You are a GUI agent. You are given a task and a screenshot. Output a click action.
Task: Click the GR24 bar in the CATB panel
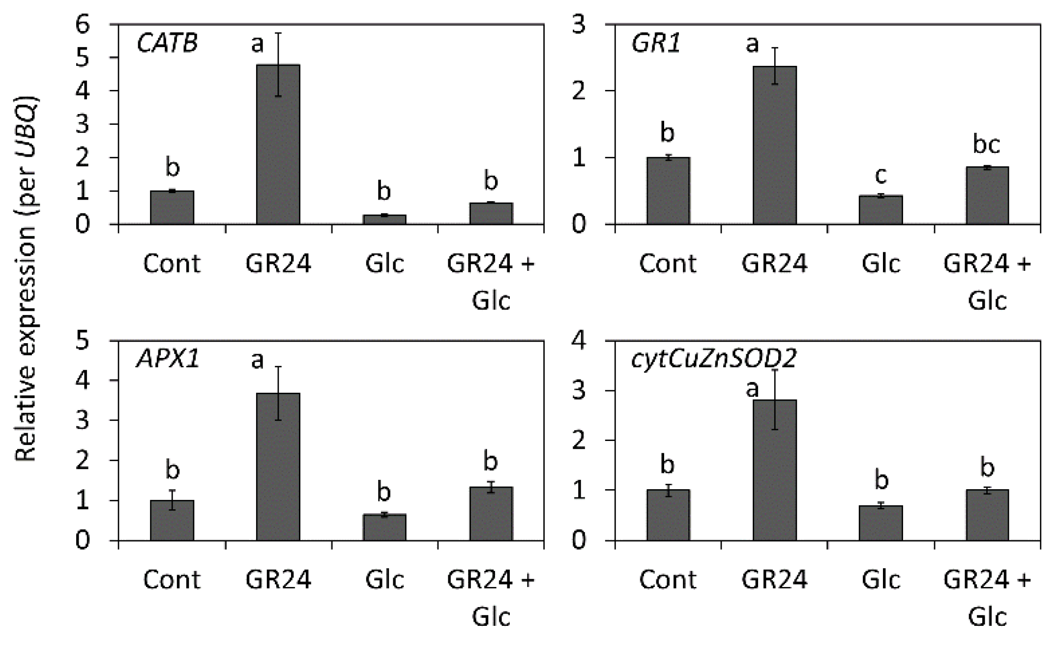[x=278, y=145]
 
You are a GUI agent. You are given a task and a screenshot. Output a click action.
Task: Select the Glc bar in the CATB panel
[x=384, y=220]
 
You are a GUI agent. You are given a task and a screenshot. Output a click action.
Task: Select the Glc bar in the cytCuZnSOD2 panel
[x=880, y=523]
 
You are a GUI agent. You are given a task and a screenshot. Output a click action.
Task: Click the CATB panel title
[x=167, y=43]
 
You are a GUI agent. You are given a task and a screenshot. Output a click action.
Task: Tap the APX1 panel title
[x=168, y=359]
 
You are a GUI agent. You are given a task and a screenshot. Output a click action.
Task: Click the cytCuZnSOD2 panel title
[x=713, y=359]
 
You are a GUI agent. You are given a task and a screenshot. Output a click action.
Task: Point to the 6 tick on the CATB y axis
[x=83, y=24]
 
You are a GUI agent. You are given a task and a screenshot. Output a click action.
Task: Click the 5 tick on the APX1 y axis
[x=83, y=340]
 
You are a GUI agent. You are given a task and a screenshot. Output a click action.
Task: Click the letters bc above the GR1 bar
[x=987, y=144]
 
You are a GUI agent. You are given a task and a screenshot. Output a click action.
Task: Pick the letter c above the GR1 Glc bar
[x=880, y=175]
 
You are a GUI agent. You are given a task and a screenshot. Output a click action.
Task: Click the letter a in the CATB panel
[x=257, y=44]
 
